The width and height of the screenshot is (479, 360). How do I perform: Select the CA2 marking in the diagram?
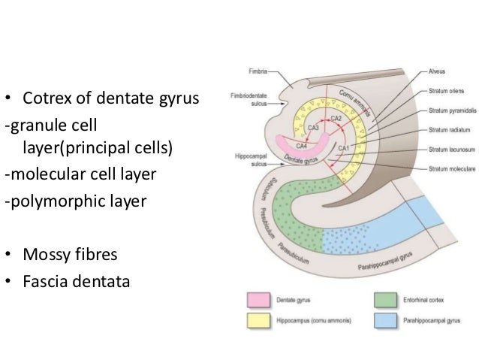click(337, 119)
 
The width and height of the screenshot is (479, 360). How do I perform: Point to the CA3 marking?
click(310, 128)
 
